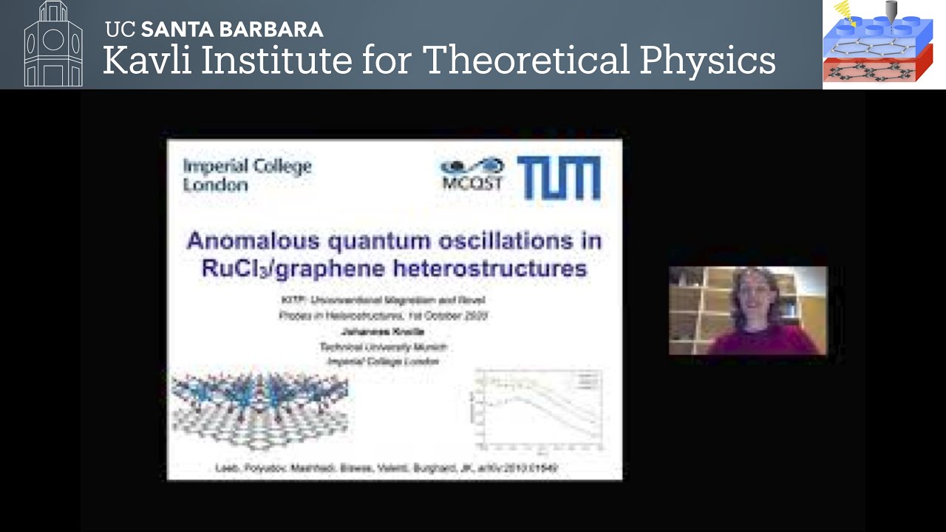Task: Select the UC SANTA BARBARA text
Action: pyautogui.click(x=214, y=30)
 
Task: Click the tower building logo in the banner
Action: pyautogui.click(x=53, y=44)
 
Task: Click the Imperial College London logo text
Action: pyautogui.click(x=247, y=175)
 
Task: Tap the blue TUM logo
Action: pyautogui.click(x=559, y=178)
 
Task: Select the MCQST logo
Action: pyautogui.click(x=472, y=175)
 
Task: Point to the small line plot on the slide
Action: pyautogui.click(x=539, y=409)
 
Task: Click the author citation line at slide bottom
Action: pyautogui.click(x=385, y=468)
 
